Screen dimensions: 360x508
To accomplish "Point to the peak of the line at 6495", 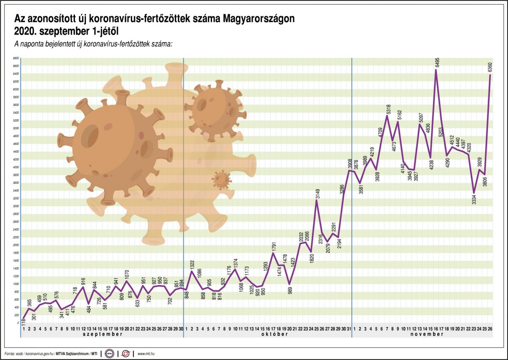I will pos(436,70).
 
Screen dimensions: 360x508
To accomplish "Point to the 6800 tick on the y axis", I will pos(16,58).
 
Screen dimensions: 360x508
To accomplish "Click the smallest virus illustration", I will pos(221,180).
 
